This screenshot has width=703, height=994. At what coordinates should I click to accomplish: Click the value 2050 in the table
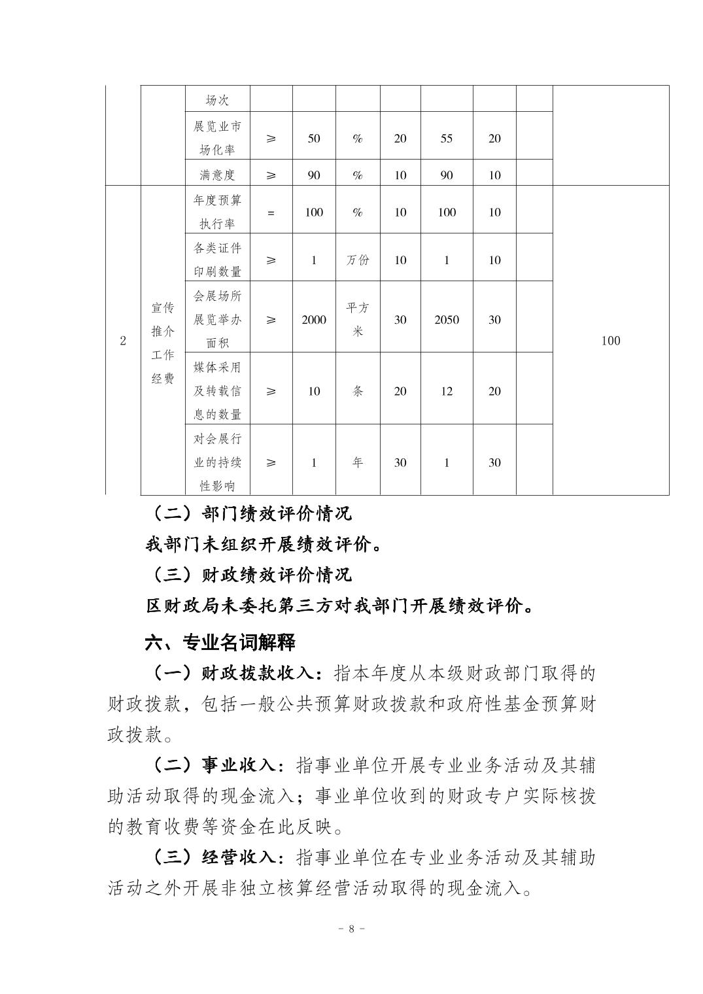click(x=447, y=320)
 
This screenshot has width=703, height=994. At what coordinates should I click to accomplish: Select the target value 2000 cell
click(x=314, y=320)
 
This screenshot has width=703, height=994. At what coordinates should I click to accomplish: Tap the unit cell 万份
click(x=358, y=260)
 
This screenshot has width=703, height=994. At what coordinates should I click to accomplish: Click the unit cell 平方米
click(x=358, y=319)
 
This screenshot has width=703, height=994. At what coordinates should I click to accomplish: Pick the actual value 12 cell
click(x=447, y=391)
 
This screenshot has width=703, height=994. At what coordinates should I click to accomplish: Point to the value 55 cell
click(x=447, y=138)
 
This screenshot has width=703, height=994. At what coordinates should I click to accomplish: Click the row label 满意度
click(x=217, y=175)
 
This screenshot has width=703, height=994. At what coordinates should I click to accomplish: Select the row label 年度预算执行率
click(x=217, y=212)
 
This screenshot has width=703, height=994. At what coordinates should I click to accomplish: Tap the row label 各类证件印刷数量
click(x=217, y=260)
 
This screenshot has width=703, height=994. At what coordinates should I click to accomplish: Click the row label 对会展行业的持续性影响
click(x=217, y=462)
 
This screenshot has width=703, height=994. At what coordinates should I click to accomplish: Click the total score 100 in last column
click(x=610, y=340)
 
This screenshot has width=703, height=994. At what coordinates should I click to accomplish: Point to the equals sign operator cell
click(x=271, y=213)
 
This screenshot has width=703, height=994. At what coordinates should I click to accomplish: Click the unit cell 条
click(x=358, y=391)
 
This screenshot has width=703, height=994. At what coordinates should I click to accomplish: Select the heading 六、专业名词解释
click(x=220, y=642)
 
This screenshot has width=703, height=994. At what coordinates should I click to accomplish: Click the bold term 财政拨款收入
click(x=260, y=672)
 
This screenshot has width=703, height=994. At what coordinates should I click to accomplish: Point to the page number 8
click(x=351, y=929)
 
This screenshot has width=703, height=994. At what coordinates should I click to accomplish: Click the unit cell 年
click(x=358, y=462)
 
